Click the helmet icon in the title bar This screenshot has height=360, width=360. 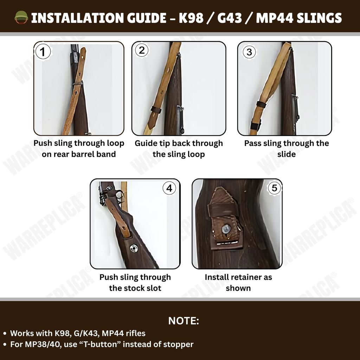point(21,17)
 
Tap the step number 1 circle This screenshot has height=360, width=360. point(43,52)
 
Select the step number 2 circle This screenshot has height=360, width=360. point(142,50)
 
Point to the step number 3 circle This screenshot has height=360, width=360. point(249,52)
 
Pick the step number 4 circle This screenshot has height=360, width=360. point(169,188)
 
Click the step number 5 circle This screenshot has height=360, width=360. point(274,188)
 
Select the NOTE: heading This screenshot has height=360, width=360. point(184,321)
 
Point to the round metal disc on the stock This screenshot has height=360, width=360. point(134,248)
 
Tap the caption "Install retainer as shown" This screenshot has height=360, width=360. point(238,282)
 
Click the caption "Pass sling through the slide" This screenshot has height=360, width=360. point(287,149)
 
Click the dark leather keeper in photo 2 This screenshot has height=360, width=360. point(155,110)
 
